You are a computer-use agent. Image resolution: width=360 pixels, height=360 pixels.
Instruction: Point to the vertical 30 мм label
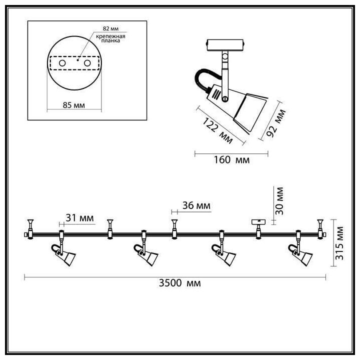pyautogui.click(x=279, y=199)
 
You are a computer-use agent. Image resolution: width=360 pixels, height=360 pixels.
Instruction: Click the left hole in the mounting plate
pyautogui.click(x=62, y=64)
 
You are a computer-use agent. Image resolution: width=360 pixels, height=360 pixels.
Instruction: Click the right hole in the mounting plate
pyautogui.click(x=87, y=64)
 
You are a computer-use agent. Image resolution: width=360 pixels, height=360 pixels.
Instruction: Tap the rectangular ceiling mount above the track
pyautogui.click(x=257, y=222)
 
